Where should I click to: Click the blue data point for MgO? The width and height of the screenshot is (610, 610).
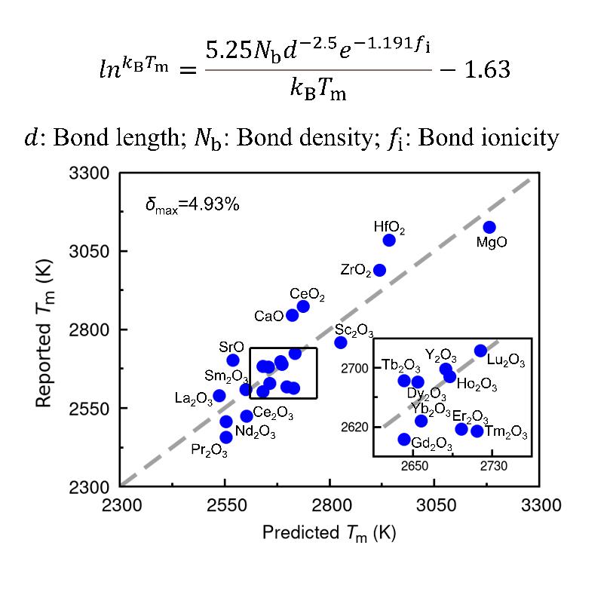click(489, 227)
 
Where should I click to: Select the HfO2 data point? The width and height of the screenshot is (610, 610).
click(389, 241)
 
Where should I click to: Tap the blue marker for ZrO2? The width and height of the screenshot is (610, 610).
click(380, 270)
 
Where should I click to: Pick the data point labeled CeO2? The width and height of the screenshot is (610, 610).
click(303, 306)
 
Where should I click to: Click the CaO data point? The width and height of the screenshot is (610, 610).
click(292, 315)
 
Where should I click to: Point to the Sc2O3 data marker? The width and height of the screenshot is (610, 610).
click(341, 342)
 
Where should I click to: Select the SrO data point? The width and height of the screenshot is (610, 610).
click(233, 360)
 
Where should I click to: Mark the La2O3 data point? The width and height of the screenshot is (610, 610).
click(219, 396)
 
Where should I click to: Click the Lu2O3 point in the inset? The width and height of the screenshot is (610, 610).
click(480, 351)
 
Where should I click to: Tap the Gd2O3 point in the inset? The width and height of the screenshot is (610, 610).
click(404, 440)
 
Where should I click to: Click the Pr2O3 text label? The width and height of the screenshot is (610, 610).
click(206, 450)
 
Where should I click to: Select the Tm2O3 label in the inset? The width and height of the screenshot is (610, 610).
click(505, 432)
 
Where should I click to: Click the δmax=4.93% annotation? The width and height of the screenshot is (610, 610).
click(192, 204)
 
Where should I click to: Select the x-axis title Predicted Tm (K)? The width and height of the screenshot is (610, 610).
click(329, 533)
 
